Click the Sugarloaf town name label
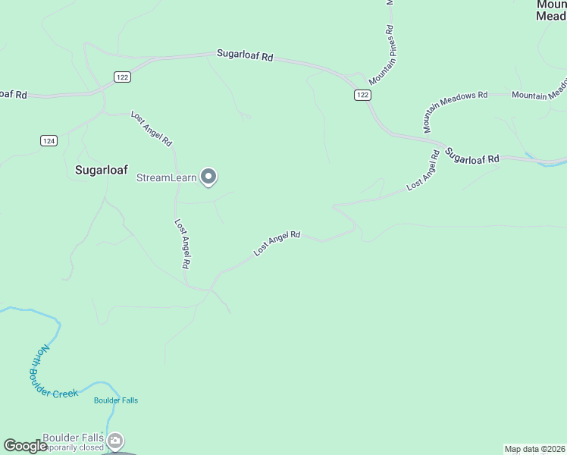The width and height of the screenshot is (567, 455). click(x=101, y=170)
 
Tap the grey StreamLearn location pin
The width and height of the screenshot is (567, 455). click(x=210, y=177)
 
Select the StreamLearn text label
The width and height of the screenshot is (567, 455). click(x=166, y=178)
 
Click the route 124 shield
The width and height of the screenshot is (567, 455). click(x=49, y=140)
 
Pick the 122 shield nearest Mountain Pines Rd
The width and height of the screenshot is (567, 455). click(x=362, y=94)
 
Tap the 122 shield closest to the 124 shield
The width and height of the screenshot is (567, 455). click(x=123, y=77)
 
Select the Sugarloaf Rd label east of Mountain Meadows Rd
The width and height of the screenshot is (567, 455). click(x=472, y=155)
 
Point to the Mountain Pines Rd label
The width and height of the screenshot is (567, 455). click(x=382, y=55)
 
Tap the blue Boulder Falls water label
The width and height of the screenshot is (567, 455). click(x=116, y=400)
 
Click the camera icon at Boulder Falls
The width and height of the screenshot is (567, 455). click(x=115, y=440)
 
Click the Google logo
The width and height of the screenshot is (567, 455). click(x=25, y=446)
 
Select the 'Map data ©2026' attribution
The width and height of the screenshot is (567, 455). click(x=534, y=449)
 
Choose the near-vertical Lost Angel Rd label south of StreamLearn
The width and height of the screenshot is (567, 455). click(x=182, y=244)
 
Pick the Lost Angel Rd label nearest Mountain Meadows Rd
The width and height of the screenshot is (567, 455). click(x=423, y=170)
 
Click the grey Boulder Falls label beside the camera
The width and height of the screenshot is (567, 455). click(x=73, y=438)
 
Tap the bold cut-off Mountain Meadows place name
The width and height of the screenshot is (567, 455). click(x=551, y=10)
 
